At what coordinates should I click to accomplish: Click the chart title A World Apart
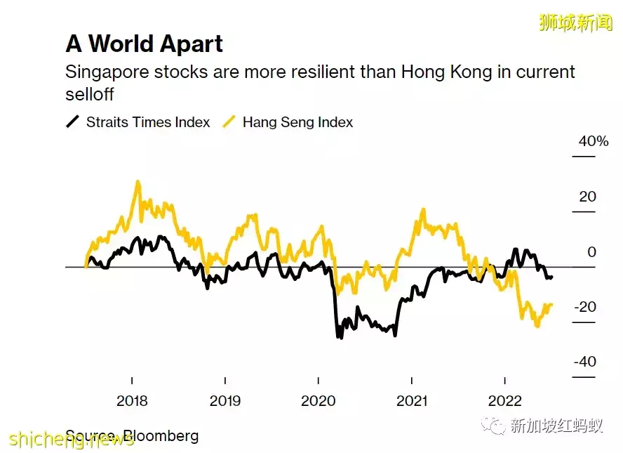(144, 44)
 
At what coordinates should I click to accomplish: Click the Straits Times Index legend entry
(147, 122)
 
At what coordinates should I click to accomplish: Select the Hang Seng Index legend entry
(297, 122)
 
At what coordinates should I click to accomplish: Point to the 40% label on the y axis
(594, 141)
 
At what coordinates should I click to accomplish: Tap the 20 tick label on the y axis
(587, 197)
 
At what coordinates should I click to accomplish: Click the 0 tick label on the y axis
(591, 252)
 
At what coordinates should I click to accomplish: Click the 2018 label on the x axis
(132, 401)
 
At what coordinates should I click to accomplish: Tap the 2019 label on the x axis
(225, 401)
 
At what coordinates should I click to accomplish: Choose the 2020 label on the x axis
(319, 401)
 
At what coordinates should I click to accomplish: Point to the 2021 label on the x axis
(412, 401)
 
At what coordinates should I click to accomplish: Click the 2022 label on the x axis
(505, 401)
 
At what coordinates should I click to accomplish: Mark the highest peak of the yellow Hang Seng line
(138, 182)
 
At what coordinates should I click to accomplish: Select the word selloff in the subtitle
(89, 93)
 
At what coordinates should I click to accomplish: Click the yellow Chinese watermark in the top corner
(575, 22)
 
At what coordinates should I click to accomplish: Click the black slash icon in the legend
(72, 122)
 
